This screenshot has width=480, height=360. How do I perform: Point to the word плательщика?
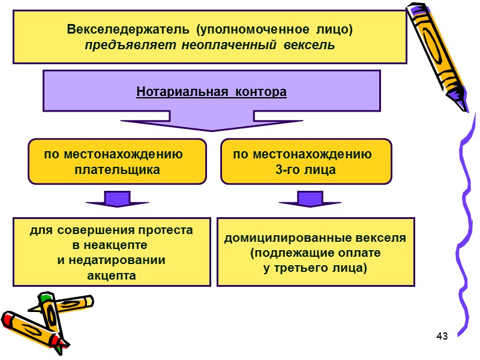pyautogui.click(x=117, y=170)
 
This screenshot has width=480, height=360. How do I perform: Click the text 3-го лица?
pyautogui.click(x=305, y=170)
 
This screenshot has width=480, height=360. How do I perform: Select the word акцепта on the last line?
pyautogui.click(x=112, y=275)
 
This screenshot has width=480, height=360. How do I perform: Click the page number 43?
pyautogui.click(x=443, y=335)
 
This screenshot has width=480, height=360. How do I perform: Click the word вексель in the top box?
pyautogui.click(x=311, y=46)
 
